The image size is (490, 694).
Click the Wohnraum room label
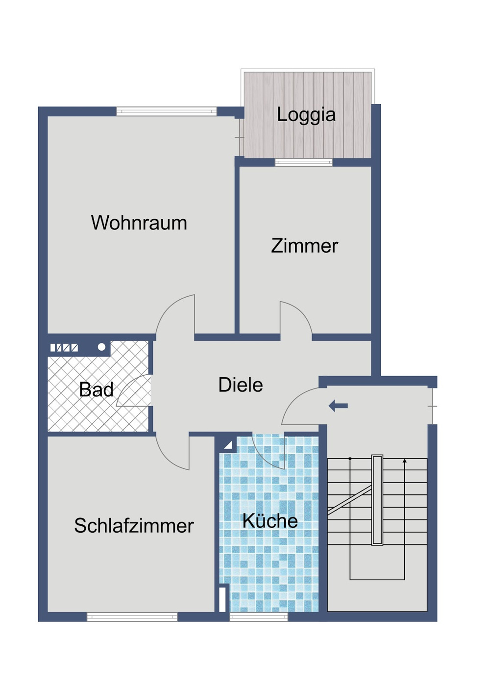(139, 223)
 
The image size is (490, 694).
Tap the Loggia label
(306, 115)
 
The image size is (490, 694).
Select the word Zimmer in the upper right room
(304, 246)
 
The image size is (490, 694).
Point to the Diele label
(240, 385)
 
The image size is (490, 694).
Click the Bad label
(96, 390)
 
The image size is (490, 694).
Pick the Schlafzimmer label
(134, 526)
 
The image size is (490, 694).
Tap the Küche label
(270, 521)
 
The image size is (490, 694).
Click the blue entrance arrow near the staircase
(338, 406)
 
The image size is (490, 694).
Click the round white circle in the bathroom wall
(101, 347)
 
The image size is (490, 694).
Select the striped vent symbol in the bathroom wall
(64, 348)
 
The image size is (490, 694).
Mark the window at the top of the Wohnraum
(166, 111)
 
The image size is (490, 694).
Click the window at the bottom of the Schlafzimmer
(132, 617)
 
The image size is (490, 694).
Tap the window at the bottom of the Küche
(259, 617)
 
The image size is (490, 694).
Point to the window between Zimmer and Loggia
(304, 162)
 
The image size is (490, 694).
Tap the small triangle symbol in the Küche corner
(228, 445)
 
